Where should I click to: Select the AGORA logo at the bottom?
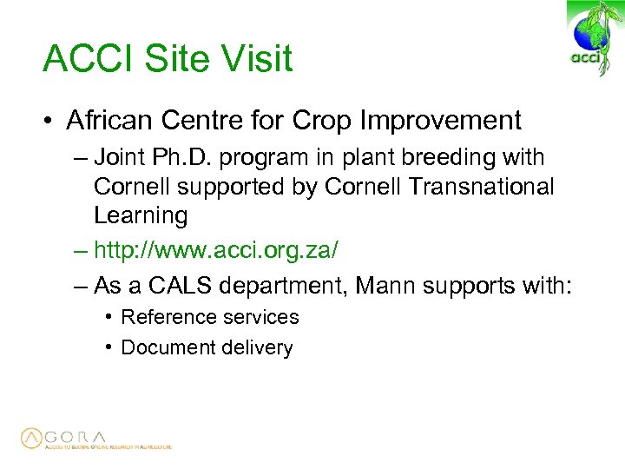click(95, 439)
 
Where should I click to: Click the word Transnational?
click(470, 187)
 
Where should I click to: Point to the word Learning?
click(140, 215)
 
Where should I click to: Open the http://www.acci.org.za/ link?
click(216, 250)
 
